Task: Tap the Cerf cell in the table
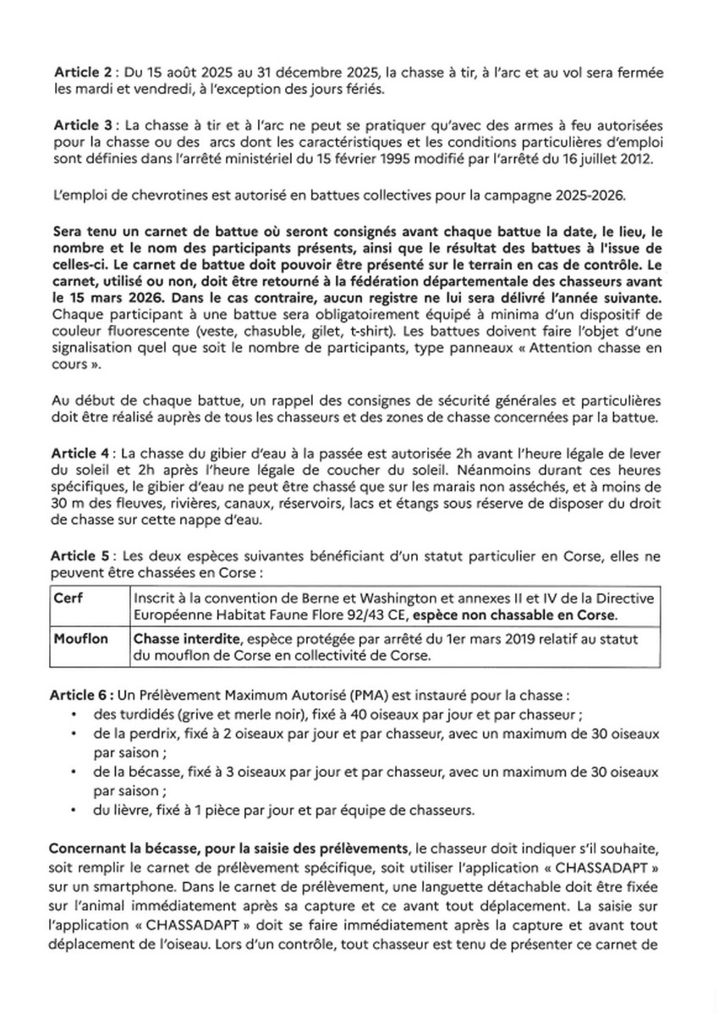[69, 597]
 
